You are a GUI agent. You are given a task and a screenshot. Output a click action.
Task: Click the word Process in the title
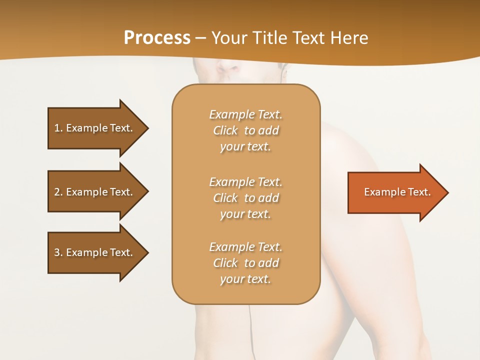point(157,38)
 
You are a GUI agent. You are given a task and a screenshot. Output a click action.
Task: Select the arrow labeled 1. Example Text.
point(95,128)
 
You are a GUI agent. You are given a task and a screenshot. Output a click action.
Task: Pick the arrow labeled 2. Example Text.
point(95,192)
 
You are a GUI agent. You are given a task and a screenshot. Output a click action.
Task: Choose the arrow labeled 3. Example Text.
point(95,252)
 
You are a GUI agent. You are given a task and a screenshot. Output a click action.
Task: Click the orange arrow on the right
point(395,192)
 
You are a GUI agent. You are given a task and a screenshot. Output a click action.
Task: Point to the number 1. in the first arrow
point(58,128)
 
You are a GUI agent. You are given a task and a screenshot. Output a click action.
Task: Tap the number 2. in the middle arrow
point(58,192)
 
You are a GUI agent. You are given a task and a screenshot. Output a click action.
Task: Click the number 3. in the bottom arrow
point(58,252)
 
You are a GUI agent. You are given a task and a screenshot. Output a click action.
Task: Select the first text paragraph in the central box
point(245,130)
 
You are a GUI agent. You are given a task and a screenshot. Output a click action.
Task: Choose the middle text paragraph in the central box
point(245,198)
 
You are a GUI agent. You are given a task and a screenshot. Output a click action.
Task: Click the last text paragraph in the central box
point(245,263)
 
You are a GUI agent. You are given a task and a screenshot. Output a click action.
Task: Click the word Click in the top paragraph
point(225,130)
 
